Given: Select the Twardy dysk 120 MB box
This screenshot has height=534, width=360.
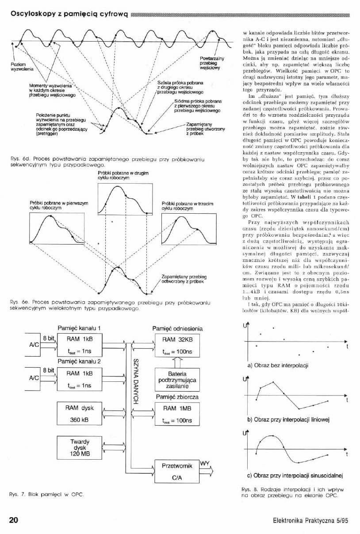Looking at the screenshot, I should click(80, 448).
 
